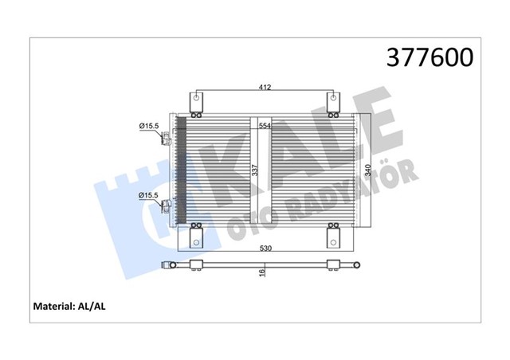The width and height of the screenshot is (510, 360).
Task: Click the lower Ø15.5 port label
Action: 147,194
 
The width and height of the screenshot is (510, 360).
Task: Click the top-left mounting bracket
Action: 196,102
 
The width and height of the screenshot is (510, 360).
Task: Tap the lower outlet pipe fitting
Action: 167,209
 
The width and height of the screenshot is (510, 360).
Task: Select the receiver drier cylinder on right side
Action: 367,170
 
